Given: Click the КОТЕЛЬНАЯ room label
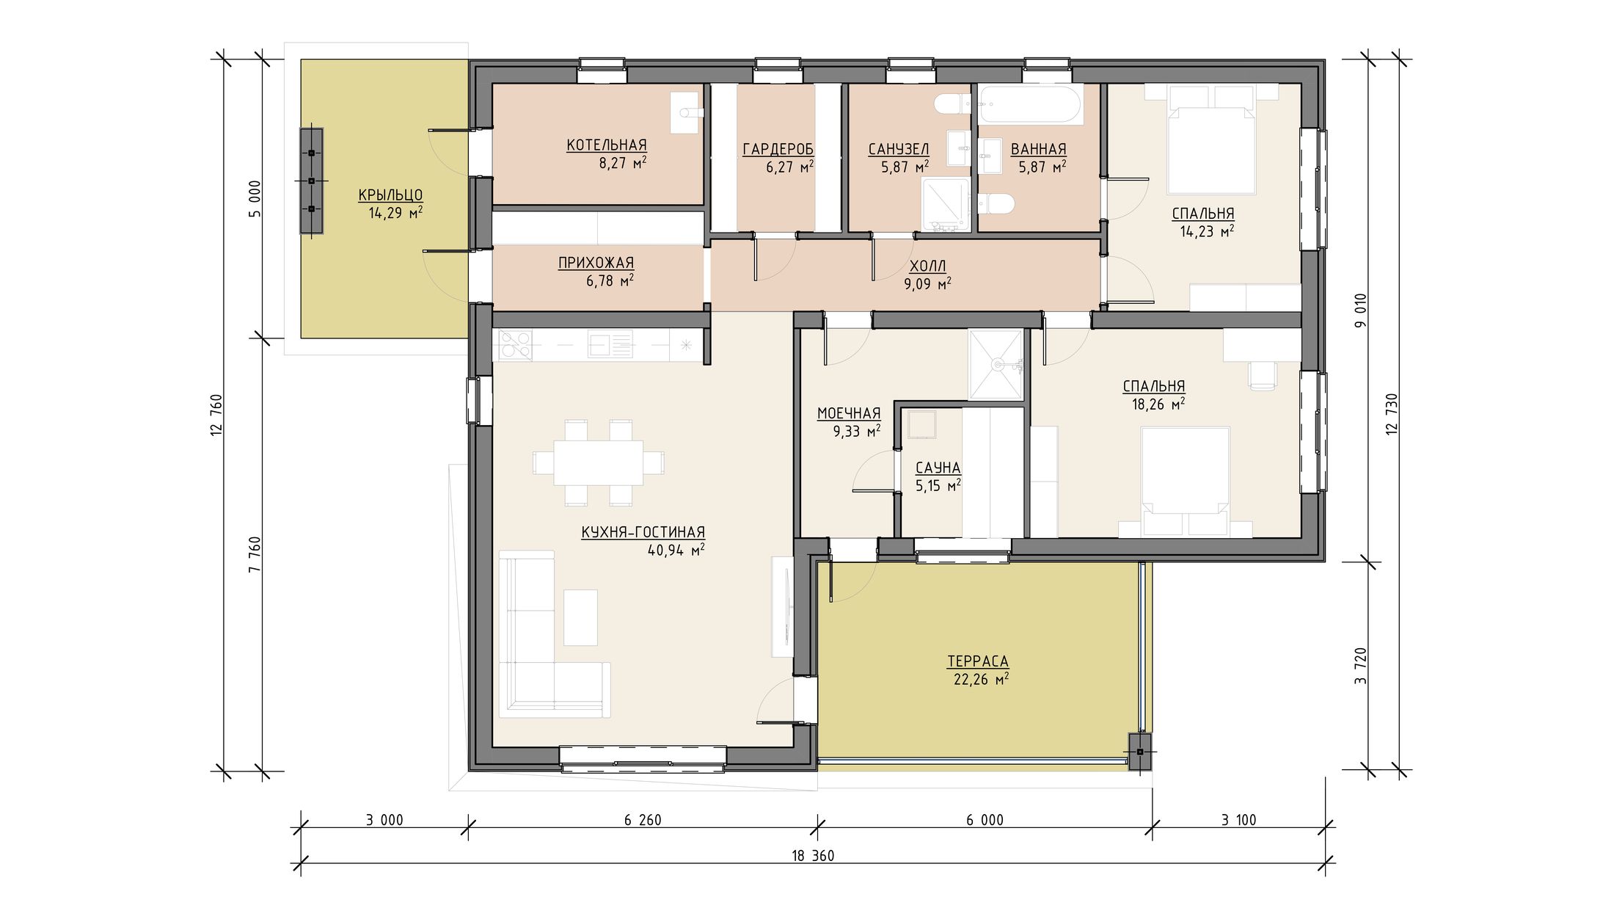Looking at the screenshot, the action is coord(606,145).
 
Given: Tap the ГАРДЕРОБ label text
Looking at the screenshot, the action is coord(778,150).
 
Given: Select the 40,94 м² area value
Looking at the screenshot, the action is coord(676,550).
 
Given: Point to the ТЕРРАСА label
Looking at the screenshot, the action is coord(978,661).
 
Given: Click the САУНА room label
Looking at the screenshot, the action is coord(938,468).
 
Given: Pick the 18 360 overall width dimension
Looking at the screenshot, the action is coord(813,855).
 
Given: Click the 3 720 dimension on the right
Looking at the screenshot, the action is coord(1362,666).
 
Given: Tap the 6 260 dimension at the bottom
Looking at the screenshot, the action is coord(643,820).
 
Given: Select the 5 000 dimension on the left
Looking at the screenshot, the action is coord(255,198).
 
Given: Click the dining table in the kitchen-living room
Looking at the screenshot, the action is coord(598,462).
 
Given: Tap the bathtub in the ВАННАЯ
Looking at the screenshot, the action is coord(1031,105).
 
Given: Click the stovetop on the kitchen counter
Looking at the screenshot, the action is coord(515,345).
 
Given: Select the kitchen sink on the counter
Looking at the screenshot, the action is coord(609,345).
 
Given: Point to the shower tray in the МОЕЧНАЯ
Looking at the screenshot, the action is coord(996,365).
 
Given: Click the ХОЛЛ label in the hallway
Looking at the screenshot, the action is coord(927,266).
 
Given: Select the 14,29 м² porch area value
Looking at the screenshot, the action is coord(395,213).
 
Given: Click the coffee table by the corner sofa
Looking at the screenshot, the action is coord(580,617).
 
